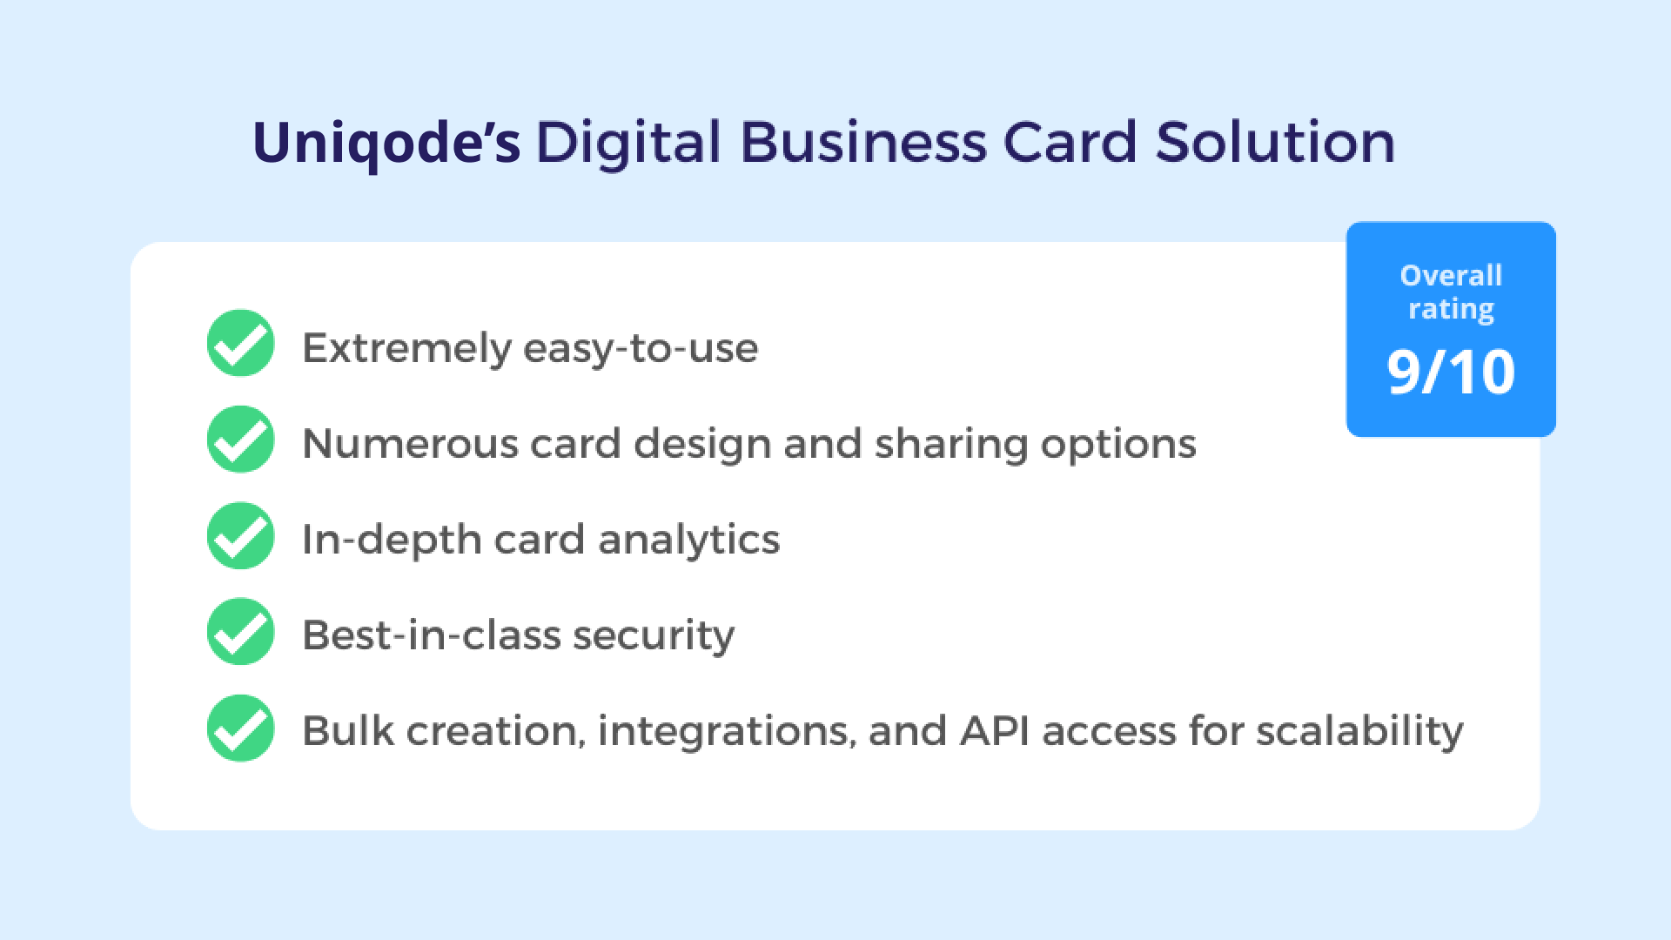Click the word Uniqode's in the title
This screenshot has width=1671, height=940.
(x=386, y=144)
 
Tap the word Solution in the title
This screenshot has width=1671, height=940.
(x=1275, y=144)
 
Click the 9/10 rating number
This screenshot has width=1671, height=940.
(x=1451, y=373)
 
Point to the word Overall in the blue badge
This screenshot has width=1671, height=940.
(x=1451, y=276)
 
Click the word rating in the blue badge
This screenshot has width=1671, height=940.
(x=1451, y=310)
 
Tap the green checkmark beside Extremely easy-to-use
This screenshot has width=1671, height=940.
(x=241, y=344)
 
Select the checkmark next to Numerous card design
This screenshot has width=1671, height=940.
(x=241, y=440)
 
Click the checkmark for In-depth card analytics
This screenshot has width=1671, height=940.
(x=241, y=536)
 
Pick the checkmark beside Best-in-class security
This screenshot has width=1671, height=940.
(x=241, y=632)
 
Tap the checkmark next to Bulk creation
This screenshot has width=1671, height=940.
(x=241, y=728)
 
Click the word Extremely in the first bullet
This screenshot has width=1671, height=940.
(x=406, y=349)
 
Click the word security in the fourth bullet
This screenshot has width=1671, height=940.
(x=654, y=636)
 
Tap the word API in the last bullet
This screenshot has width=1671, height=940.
(x=993, y=731)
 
